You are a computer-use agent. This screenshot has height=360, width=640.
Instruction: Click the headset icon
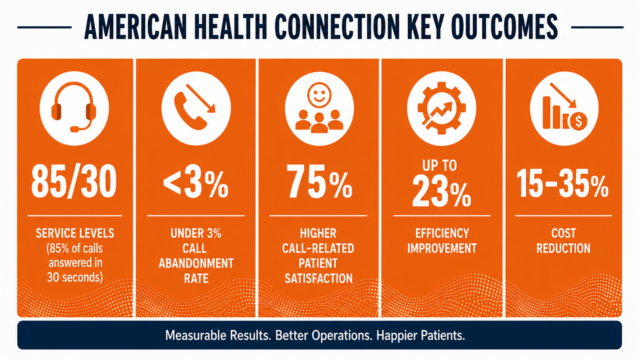coord(74,107)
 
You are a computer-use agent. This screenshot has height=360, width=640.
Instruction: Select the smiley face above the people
coord(319,95)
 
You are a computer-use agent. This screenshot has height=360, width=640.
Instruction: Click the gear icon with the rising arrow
coord(442,108)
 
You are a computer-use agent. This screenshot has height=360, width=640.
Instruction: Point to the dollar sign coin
coord(578,121)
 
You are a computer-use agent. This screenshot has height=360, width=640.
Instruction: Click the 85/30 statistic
coord(74,182)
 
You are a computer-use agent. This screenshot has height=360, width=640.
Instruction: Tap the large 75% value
coord(319,182)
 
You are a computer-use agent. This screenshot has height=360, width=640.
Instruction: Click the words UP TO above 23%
coord(440,165)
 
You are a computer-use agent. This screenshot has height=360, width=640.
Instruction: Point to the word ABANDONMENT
coord(196,263)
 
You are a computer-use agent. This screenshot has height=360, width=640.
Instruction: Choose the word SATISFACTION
coord(318,279)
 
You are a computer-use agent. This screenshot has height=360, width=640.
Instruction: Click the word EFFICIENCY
coord(442,233)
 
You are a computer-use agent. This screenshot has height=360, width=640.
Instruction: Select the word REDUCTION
coord(563,248)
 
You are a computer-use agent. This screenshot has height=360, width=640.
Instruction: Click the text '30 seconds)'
coord(75,277)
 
